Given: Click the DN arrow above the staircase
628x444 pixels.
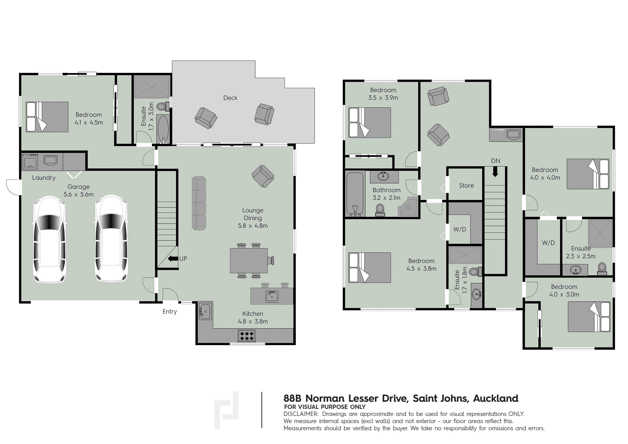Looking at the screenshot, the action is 495,172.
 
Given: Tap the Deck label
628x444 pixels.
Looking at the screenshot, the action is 230,98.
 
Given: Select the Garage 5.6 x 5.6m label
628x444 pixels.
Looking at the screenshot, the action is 79,190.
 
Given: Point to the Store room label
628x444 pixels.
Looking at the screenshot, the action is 466,185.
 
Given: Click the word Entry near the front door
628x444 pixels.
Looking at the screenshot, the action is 170,312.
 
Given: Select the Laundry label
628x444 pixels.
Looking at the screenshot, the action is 44,178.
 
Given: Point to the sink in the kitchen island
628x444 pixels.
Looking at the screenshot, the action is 272,296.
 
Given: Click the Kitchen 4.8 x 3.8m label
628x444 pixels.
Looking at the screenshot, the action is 253,318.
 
